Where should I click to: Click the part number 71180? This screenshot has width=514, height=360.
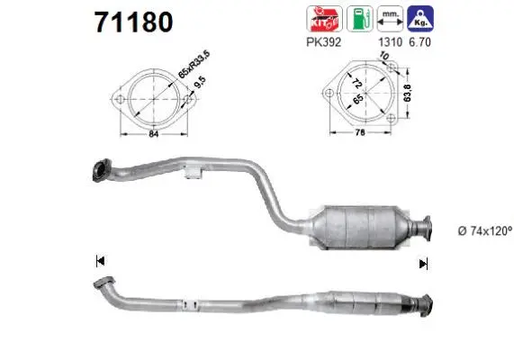click(132, 21)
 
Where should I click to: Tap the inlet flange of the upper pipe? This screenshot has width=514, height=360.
click(101, 168)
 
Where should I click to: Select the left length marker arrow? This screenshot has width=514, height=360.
click(100, 262)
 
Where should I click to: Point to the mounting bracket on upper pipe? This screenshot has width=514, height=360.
click(190, 174)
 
